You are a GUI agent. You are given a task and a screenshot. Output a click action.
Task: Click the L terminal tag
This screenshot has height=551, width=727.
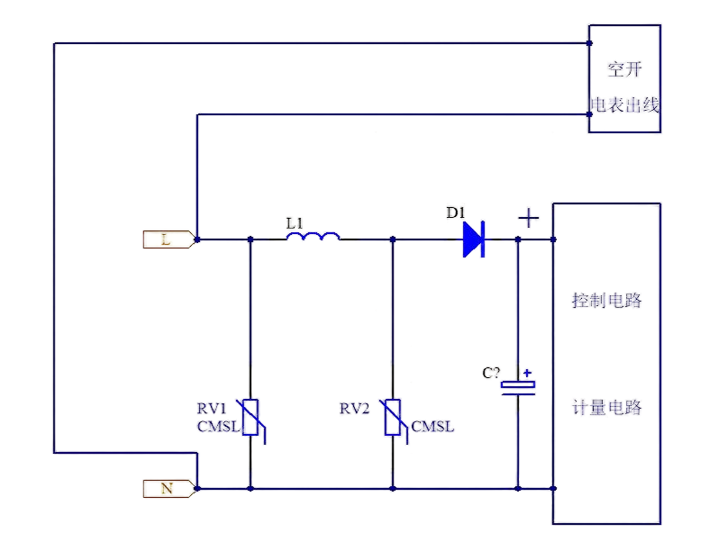pyautogui.click(x=168, y=239)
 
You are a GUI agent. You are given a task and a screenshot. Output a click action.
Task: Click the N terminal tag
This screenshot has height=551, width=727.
pyautogui.click(x=168, y=489)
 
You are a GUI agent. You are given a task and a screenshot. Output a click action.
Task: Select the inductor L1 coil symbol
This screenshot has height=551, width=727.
pyautogui.click(x=314, y=236)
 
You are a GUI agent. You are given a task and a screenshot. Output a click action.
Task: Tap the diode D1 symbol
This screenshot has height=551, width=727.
pyautogui.click(x=474, y=239)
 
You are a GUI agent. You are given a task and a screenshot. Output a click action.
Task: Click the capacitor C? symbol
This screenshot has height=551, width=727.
pyautogui.click(x=518, y=387)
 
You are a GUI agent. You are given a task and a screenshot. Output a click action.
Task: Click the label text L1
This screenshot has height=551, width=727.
pyautogui.click(x=295, y=223)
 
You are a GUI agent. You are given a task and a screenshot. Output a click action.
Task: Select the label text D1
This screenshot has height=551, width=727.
pyautogui.click(x=455, y=212)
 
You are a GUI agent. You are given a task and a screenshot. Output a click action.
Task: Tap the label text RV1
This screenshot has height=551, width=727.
pyautogui.click(x=212, y=408)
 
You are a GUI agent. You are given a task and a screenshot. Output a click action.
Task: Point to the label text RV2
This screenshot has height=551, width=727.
pyautogui.click(x=354, y=408)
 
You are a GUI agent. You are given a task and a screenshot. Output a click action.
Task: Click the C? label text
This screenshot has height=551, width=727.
pyautogui.click(x=491, y=373)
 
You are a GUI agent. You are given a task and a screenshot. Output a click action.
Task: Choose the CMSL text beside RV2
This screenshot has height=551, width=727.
pyautogui.click(x=432, y=427)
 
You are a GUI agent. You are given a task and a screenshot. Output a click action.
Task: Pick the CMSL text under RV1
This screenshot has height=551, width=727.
pyautogui.click(x=218, y=427)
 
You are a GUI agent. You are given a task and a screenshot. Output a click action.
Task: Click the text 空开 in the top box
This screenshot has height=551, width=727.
pyautogui.click(x=624, y=70)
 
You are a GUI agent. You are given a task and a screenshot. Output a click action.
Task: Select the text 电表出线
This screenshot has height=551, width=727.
pyautogui.click(x=624, y=105)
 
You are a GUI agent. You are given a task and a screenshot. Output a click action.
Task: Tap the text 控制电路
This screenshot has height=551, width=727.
pyautogui.click(x=607, y=301)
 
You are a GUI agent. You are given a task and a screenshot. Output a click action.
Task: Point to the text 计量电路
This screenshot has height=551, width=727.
pyautogui.click(x=607, y=407)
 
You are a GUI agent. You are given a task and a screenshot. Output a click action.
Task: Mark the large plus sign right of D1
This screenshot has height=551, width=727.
pyautogui.click(x=529, y=218)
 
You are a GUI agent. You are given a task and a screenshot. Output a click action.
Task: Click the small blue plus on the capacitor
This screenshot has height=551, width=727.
pyautogui.click(x=527, y=373)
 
